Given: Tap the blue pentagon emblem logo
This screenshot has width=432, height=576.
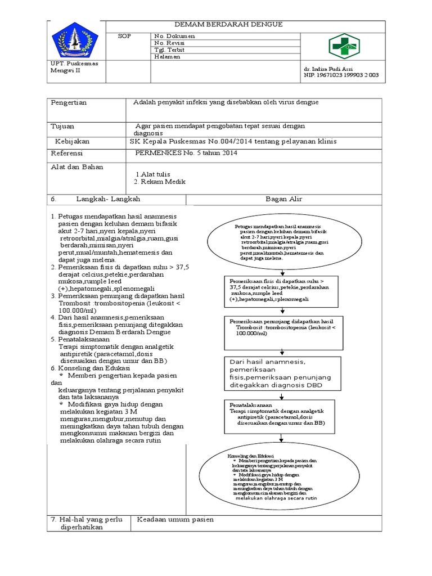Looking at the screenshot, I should [75, 40].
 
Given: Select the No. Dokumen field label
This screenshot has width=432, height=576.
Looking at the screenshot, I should [174, 35].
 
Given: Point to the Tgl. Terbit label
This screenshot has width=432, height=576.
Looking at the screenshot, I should [169, 49].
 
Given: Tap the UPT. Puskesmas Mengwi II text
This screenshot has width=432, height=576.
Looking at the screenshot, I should [75, 67].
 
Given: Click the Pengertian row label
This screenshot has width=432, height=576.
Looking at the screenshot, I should [69, 103].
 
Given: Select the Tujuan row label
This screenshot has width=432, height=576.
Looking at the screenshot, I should [62, 127].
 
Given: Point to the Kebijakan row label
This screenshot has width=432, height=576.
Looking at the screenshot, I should [72, 141].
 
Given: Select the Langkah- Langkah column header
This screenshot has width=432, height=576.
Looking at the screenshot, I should [111, 200].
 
